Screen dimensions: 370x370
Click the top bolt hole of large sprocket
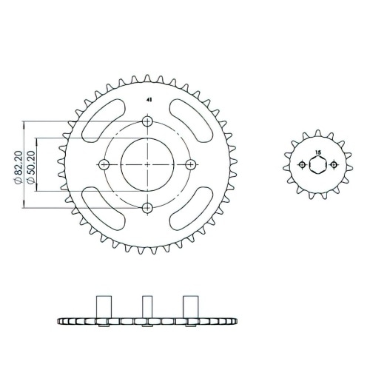(x=147, y=121)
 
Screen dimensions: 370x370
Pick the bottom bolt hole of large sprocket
(x=147, y=206)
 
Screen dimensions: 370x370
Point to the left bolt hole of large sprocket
(x=104, y=164)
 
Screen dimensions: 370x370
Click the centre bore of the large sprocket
(x=147, y=164)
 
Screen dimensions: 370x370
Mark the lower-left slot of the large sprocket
(x=103, y=208)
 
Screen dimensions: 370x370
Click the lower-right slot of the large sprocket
(x=192, y=208)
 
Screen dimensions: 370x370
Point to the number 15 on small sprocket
(x=317, y=152)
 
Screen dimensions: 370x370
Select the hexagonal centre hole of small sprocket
(x=317, y=164)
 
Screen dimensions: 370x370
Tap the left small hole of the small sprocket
(x=302, y=164)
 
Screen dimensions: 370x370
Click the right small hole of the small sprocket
(x=332, y=164)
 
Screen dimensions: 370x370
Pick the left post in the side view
(x=104, y=306)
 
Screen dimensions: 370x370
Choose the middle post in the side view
(x=147, y=306)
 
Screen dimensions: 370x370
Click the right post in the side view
(x=190, y=306)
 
